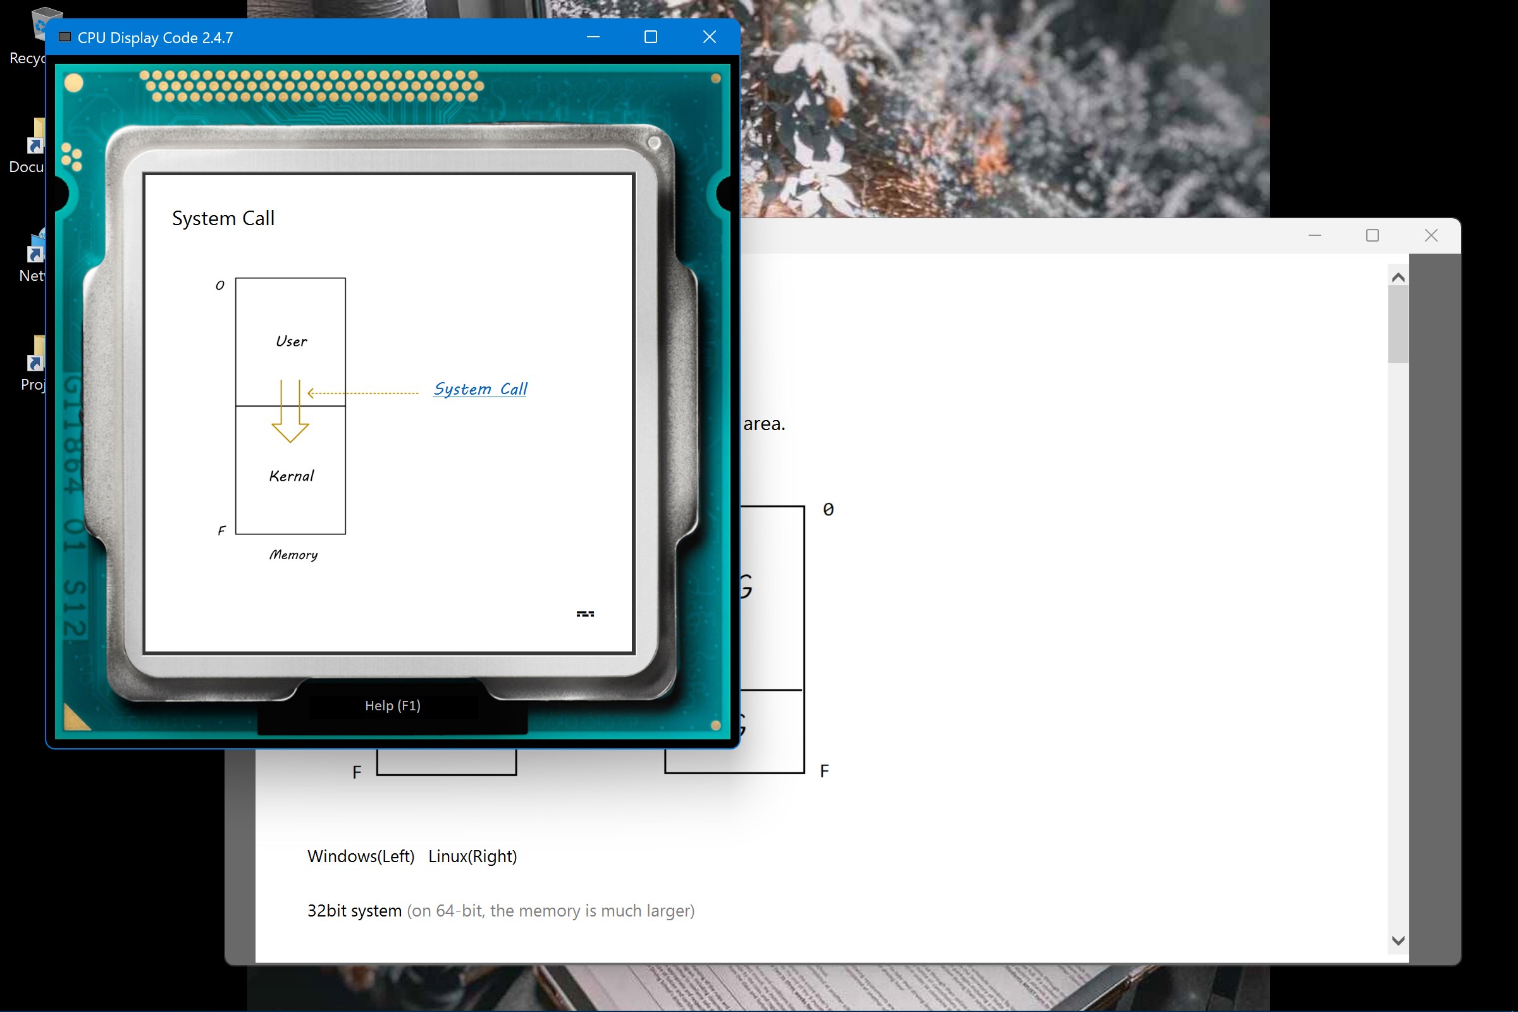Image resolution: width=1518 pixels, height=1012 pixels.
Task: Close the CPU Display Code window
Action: (x=709, y=37)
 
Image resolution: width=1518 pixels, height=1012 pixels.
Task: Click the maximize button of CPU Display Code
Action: (x=651, y=37)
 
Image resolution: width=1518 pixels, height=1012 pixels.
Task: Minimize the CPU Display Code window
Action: (x=593, y=37)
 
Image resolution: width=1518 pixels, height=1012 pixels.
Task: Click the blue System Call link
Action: (x=480, y=388)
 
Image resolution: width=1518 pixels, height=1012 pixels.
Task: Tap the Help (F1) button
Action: (x=392, y=705)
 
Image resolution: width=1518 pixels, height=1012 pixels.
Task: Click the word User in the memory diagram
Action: (x=291, y=342)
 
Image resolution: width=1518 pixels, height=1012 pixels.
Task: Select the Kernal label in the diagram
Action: (x=291, y=476)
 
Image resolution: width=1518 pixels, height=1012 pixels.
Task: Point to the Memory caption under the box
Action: (x=293, y=555)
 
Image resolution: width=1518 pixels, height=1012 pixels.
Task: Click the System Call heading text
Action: (x=223, y=218)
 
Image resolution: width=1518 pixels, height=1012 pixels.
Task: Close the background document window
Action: (x=1431, y=235)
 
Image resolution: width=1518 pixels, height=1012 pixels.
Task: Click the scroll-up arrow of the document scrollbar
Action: (x=1398, y=278)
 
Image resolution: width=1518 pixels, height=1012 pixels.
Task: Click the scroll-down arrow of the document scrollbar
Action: (x=1398, y=941)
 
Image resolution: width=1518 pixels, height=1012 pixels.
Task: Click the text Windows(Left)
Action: (x=361, y=856)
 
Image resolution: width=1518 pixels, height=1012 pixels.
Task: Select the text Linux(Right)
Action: (x=472, y=856)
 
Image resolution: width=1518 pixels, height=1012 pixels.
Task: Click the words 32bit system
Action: (x=354, y=911)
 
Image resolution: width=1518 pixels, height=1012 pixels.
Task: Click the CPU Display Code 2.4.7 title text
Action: (x=155, y=37)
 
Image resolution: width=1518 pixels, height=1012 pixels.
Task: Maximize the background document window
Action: (x=1372, y=235)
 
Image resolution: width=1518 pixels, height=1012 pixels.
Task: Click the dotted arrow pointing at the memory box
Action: (x=362, y=393)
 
